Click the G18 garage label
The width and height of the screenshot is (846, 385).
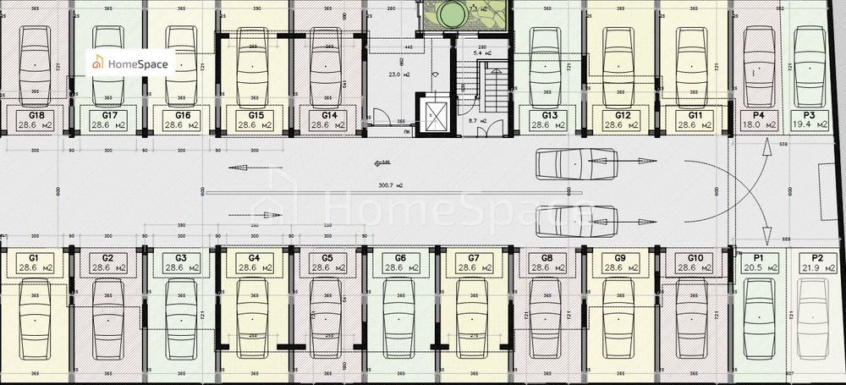(x=36, y=114)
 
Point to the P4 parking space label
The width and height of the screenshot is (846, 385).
(x=759, y=114)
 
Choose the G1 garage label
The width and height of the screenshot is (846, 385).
(x=35, y=257)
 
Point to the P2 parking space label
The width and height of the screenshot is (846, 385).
(x=817, y=257)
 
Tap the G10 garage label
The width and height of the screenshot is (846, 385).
(x=695, y=257)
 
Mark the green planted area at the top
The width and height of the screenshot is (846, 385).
(x=465, y=15)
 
